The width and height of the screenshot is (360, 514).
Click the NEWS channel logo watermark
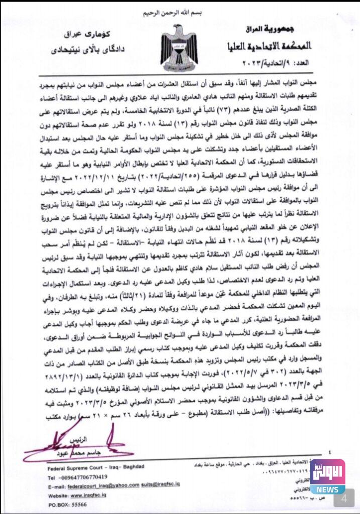click(x=327, y=476)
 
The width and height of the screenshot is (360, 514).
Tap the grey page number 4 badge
click(x=344, y=499)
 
